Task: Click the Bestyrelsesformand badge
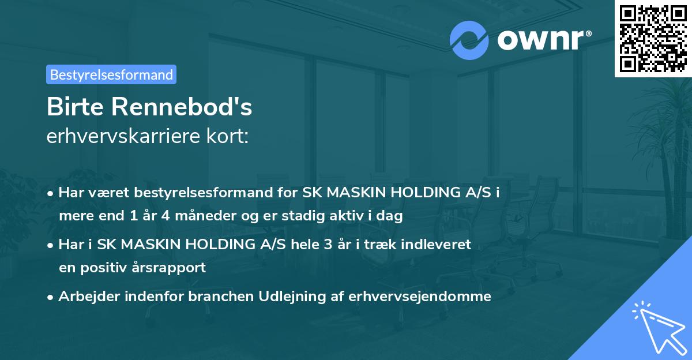click(111, 74)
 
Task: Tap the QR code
click(653, 38)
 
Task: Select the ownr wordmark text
click(540, 39)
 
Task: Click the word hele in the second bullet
click(304, 245)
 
